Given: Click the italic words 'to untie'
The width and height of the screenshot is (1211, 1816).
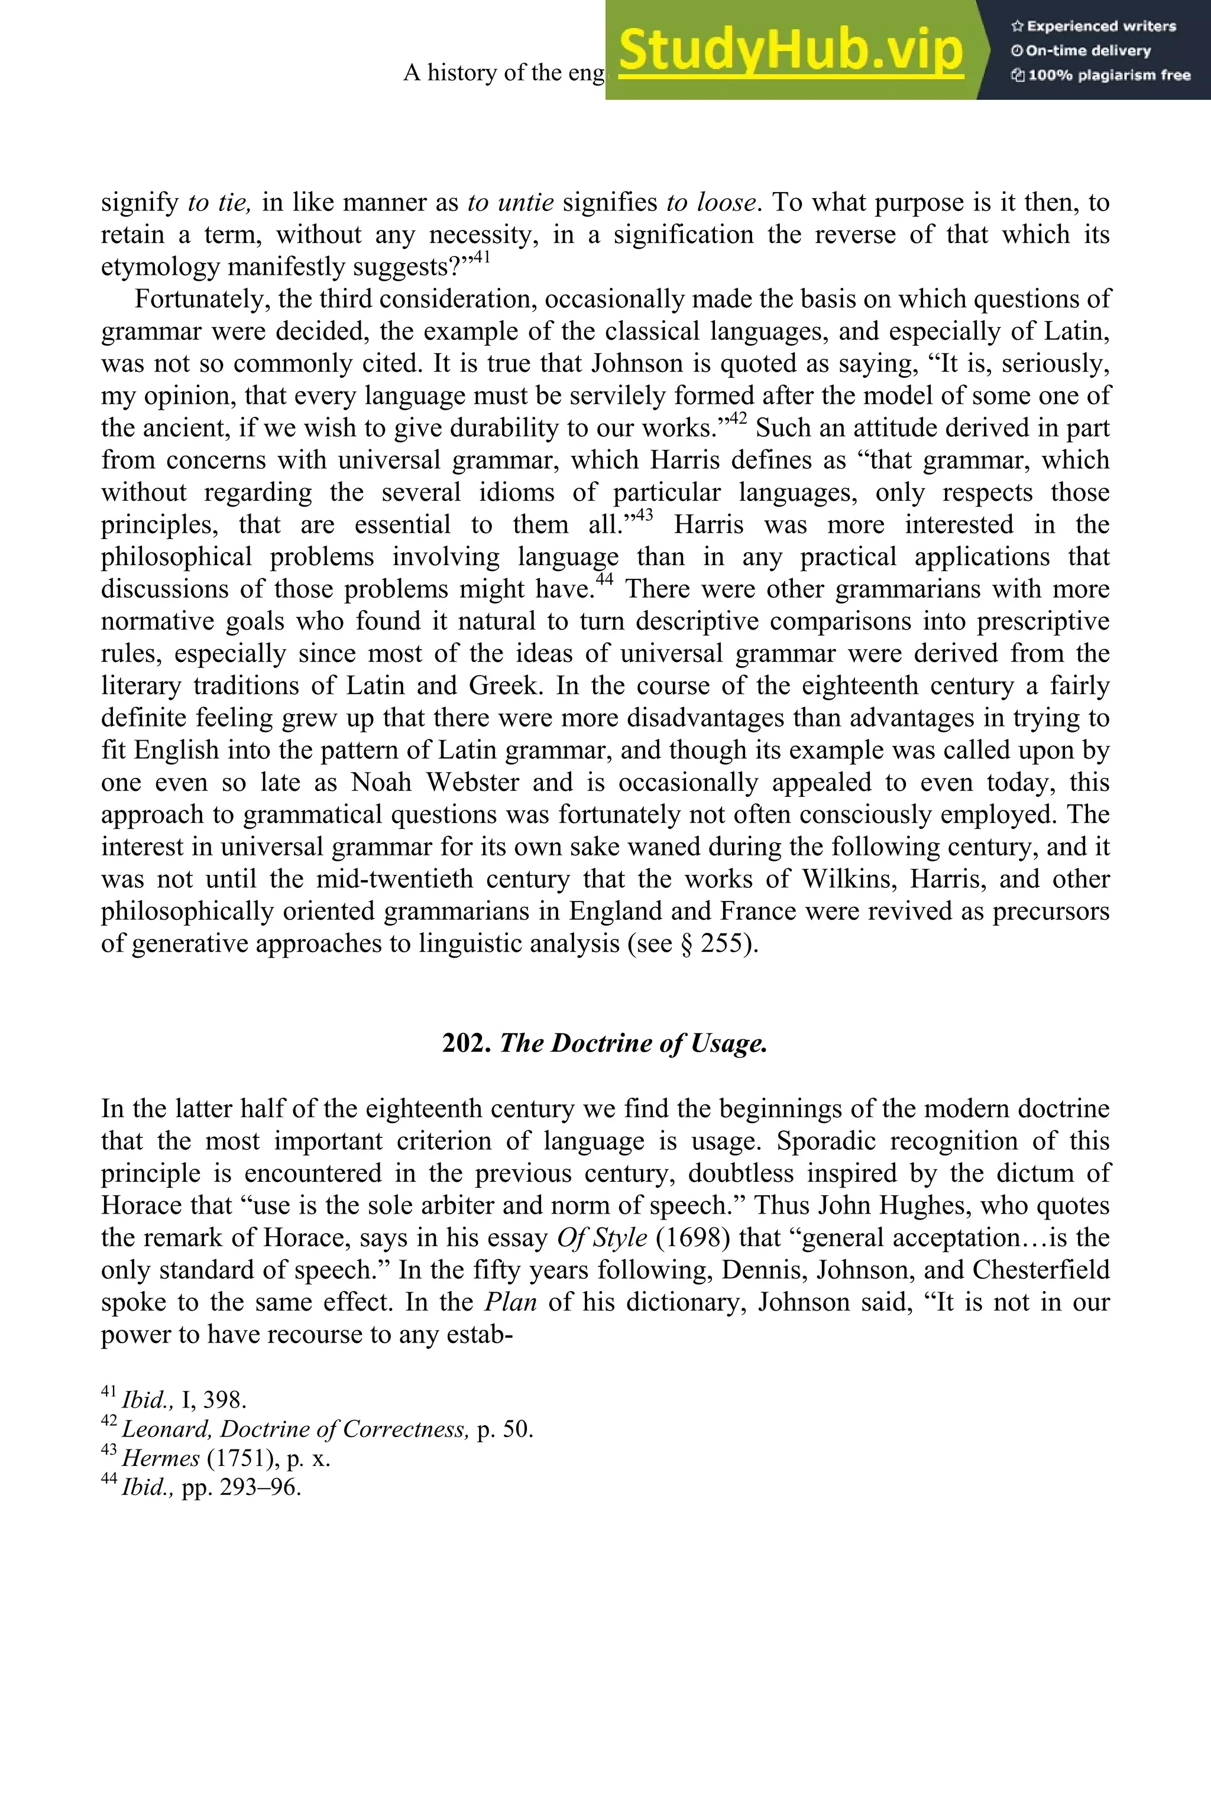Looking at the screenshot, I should click(x=510, y=202).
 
